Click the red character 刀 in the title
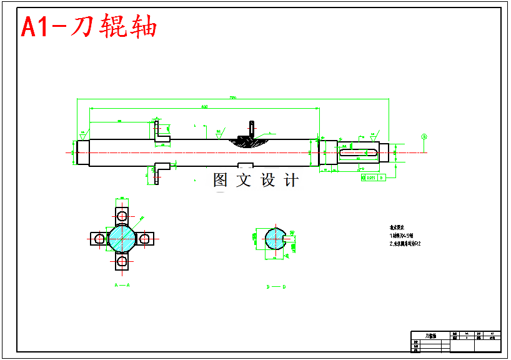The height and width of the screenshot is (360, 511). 86,27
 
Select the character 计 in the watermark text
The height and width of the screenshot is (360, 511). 291,180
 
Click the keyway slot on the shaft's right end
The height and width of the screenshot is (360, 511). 359,152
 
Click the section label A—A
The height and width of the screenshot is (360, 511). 121,285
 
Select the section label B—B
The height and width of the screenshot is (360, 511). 275,287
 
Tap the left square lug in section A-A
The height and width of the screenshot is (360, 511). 98,238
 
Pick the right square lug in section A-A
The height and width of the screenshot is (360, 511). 145,238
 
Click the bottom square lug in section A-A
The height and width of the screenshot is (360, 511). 121,261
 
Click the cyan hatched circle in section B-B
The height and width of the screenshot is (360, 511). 274,238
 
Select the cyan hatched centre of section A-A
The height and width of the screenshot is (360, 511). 121,238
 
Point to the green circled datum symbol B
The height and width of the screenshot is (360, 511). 424,136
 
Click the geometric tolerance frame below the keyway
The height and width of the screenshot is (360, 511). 373,177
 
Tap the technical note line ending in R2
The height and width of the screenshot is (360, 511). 405,244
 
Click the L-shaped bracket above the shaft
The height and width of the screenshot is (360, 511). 161,132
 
